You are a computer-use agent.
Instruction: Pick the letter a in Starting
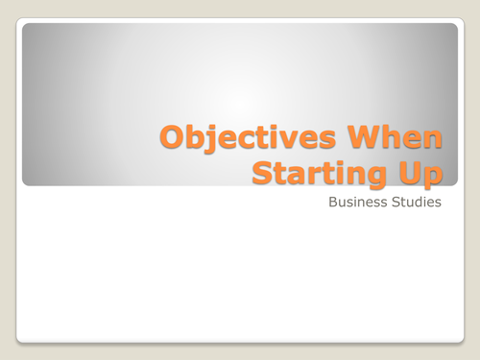pyautogui.click(x=300, y=174)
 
